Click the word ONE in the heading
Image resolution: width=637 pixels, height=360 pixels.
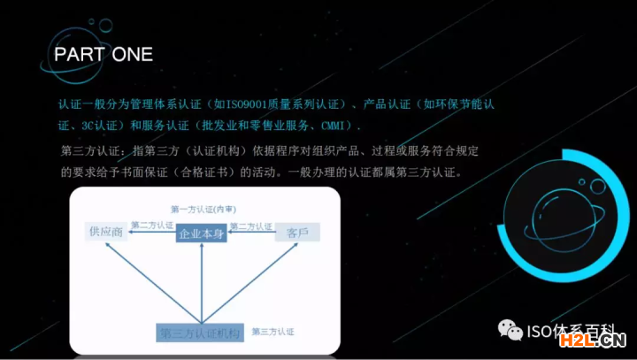(x=133, y=55)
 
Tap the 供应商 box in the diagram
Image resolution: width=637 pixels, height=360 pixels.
(x=106, y=232)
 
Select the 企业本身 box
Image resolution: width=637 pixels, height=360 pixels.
(x=202, y=234)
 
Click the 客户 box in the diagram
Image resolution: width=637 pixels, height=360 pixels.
(x=297, y=233)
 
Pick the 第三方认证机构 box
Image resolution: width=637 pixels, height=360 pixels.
(x=200, y=333)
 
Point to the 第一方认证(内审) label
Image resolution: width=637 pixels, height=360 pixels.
(x=203, y=210)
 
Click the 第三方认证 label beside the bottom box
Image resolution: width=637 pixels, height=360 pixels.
(x=272, y=332)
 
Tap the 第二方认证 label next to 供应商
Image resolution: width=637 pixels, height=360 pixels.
(x=152, y=225)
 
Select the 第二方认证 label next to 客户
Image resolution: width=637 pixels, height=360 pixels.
(x=251, y=226)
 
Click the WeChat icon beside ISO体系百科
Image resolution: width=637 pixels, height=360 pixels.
(x=510, y=330)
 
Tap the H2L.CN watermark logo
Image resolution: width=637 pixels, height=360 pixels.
(x=593, y=340)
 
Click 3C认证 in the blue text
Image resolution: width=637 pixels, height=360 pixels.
(x=99, y=126)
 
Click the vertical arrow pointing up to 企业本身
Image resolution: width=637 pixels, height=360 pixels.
(x=202, y=284)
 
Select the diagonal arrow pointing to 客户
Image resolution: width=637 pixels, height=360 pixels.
(x=249, y=283)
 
